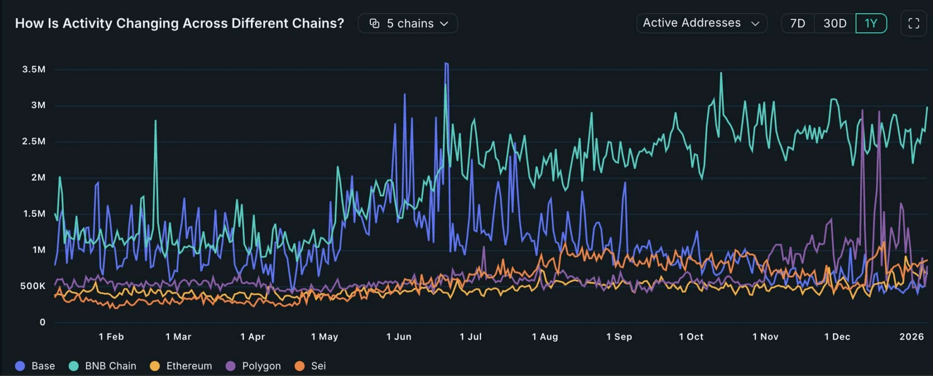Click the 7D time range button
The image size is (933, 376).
tap(797, 23)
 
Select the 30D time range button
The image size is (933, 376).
tap(835, 23)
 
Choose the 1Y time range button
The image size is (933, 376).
tap(871, 23)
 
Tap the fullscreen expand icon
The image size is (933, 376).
tap(913, 23)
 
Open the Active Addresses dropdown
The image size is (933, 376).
tap(701, 23)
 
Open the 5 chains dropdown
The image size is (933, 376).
tap(408, 23)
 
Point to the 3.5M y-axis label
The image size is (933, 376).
tap(34, 69)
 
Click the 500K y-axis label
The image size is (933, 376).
tap(33, 286)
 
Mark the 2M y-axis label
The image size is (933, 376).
tap(38, 178)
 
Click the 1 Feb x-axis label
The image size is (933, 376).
tap(111, 337)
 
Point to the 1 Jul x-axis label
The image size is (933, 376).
tap(471, 337)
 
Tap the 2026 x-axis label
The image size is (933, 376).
tap(911, 337)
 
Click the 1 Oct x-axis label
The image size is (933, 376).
tap(691, 337)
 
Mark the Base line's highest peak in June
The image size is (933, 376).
tap(446, 63)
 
